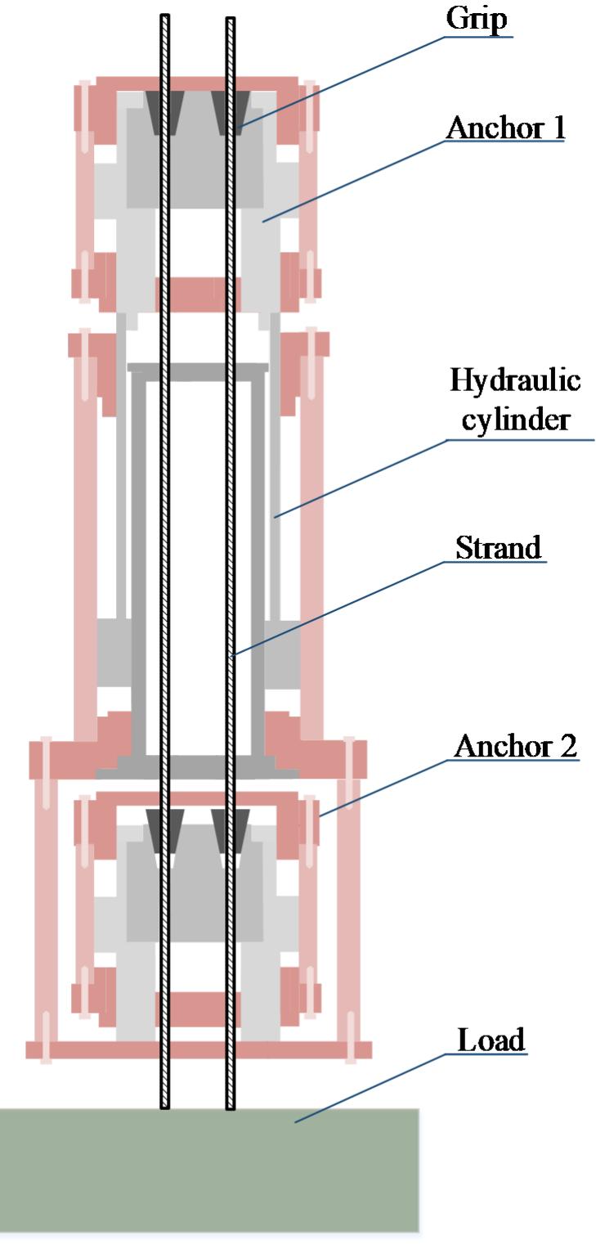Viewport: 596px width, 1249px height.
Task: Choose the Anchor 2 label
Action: pyautogui.click(x=516, y=746)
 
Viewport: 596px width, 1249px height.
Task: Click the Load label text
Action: pyautogui.click(x=491, y=1040)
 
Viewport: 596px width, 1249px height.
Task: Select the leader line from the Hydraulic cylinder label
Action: pyautogui.click(x=360, y=478)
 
